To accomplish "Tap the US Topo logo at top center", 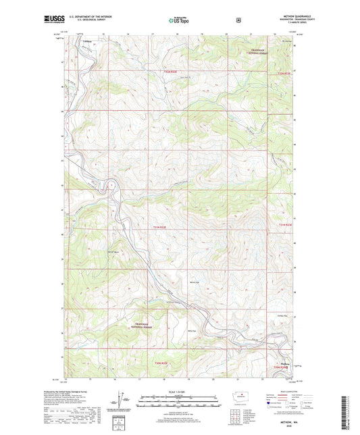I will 179,20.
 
